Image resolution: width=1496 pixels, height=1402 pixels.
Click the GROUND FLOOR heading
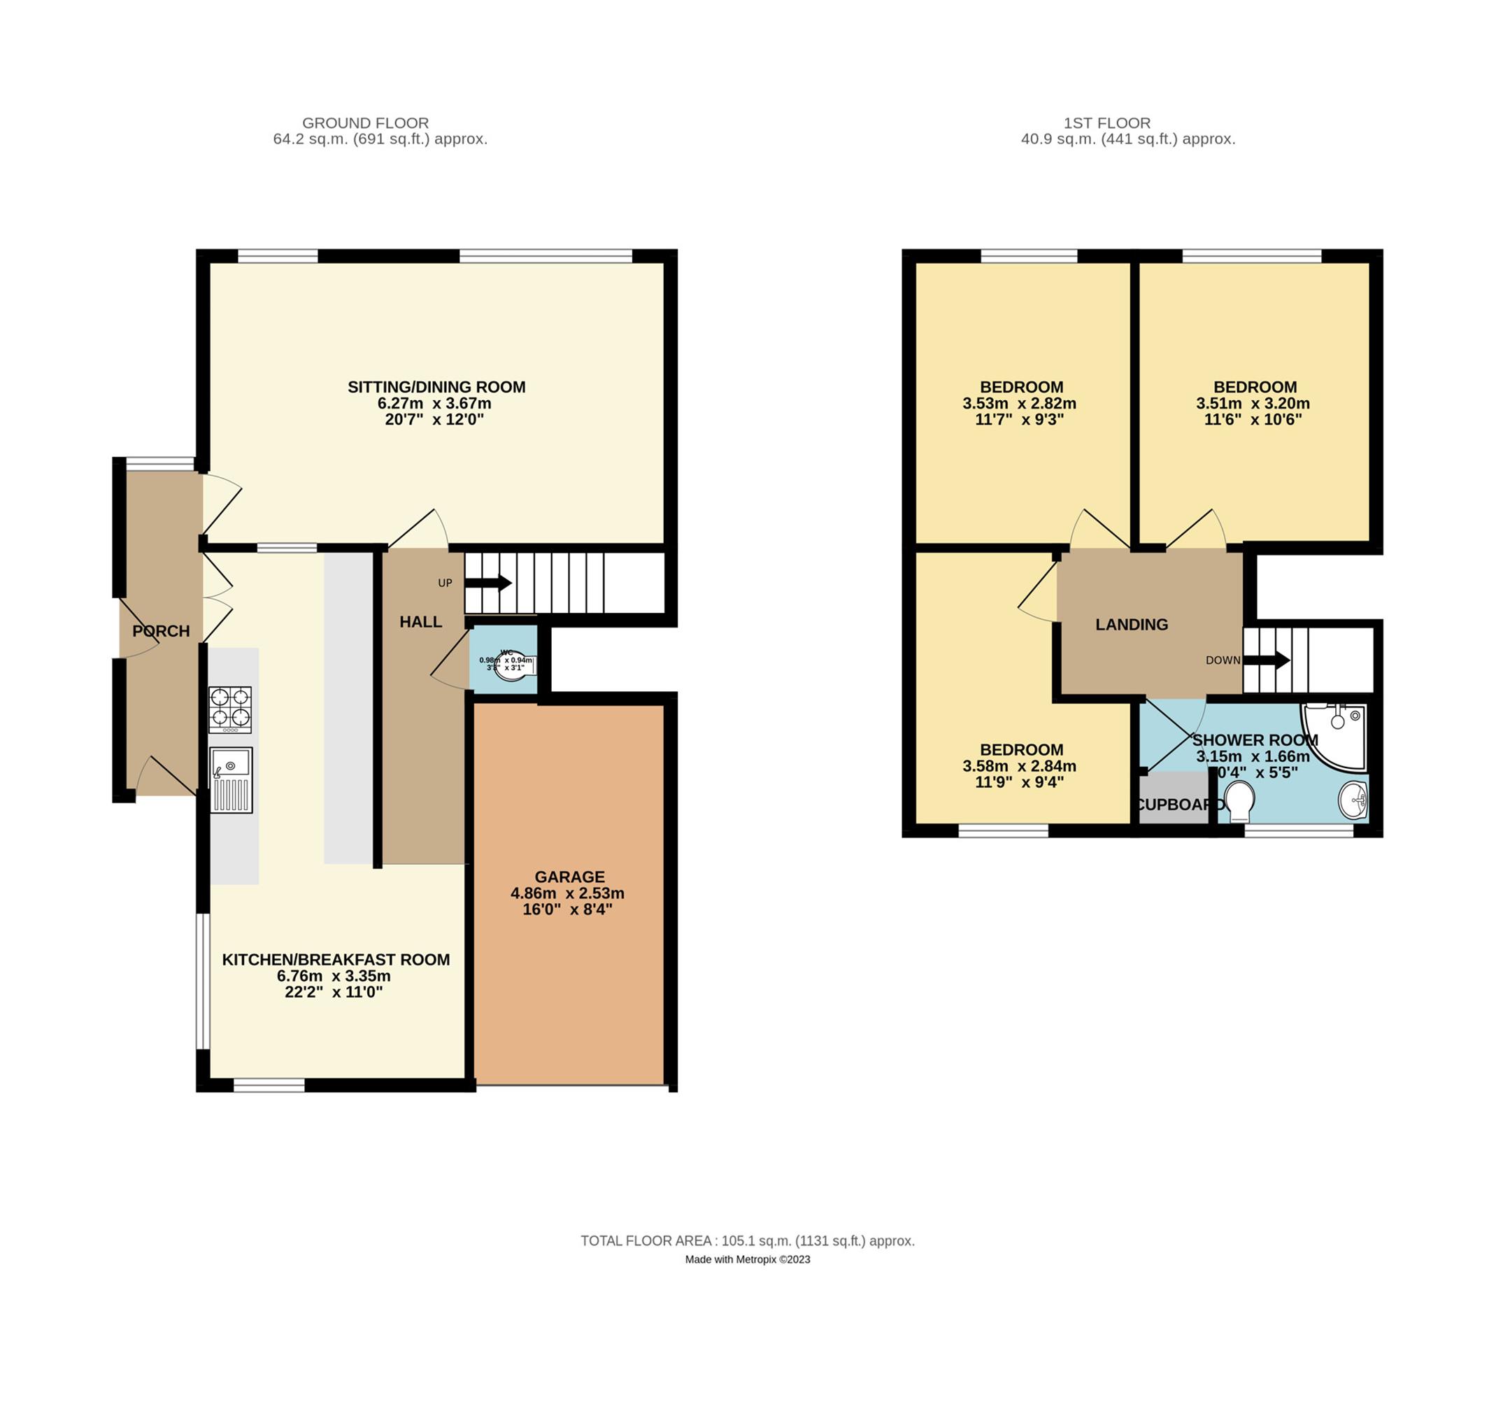[x=365, y=122]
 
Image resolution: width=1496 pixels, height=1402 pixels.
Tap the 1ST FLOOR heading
[x=1106, y=122]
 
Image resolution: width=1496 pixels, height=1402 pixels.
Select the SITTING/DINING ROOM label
[x=436, y=387]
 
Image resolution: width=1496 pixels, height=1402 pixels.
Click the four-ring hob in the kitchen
[x=229, y=709]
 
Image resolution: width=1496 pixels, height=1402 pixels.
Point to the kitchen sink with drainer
[x=230, y=779]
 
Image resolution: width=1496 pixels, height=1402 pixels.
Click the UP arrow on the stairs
[x=489, y=583]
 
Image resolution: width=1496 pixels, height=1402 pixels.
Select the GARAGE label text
[x=569, y=877]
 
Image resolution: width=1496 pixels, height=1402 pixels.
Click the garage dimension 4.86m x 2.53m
[x=567, y=893]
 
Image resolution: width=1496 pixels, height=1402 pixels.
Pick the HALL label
[x=420, y=622]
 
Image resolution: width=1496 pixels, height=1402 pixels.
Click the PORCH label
[x=161, y=630]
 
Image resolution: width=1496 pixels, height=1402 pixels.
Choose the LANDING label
[x=1131, y=624]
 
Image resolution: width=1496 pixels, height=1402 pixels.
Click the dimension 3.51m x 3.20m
[x=1252, y=404]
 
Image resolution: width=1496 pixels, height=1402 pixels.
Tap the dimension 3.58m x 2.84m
[x=1019, y=766]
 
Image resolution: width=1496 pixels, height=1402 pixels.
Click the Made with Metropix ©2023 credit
[x=747, y=1259]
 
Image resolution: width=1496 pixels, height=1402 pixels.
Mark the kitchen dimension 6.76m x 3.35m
[x=334, y=976]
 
